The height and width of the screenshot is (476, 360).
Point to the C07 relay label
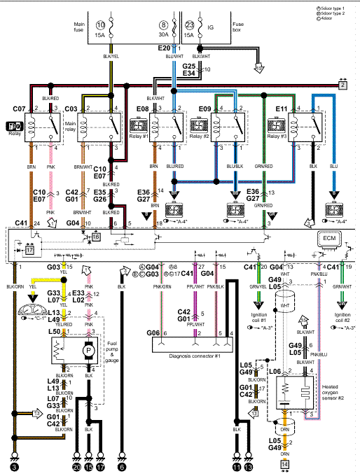(x=18, y=109)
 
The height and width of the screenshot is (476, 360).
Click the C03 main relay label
(x=71, y=109)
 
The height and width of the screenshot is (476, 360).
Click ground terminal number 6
(x=122, y=465)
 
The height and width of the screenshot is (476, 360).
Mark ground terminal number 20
(x=77, y=465)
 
